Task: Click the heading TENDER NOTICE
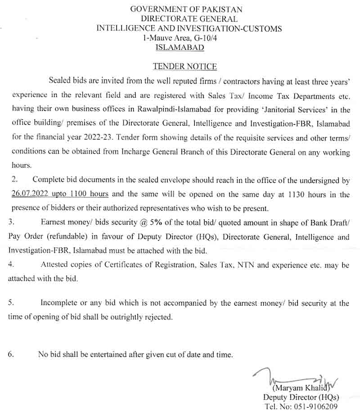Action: [184, 67]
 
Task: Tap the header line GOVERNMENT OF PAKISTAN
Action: [186, 9]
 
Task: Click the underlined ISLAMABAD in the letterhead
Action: [180, 47]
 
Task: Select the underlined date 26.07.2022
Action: [30, 194]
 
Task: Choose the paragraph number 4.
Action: [11, 265]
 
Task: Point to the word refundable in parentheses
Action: [57, 236]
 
